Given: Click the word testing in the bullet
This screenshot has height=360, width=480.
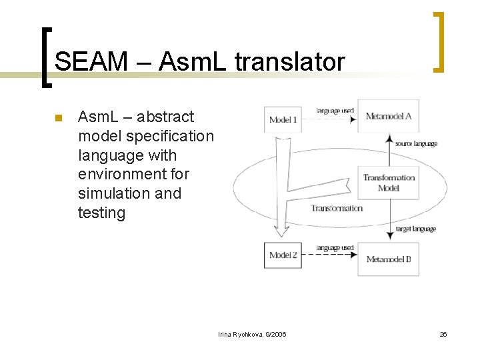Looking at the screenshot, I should click(x=101, y=213).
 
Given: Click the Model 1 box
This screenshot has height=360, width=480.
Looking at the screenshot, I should click(x=283, y=119).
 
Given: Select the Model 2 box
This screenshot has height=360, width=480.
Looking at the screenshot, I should click(x=283, y=255).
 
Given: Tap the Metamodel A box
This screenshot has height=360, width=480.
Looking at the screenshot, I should click(x=389, y=116).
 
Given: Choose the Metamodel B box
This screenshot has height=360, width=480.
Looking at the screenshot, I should click(x=389, y=259).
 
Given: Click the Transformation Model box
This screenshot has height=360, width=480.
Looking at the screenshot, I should click(x=389, y=183).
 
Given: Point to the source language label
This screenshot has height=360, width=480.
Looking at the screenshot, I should click(x=416, y=143).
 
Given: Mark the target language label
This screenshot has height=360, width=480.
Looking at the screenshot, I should click(x=416, y=229).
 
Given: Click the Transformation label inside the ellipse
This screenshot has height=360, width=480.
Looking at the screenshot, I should click(x=337, y=208).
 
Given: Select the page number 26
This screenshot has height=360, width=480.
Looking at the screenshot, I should click(x=443, y=333).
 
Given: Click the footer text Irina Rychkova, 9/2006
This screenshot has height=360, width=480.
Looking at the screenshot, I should click(x=252, y=333).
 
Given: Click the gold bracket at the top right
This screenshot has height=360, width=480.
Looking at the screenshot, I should click(x=439, y=41).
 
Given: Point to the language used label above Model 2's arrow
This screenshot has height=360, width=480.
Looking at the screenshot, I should click(x=335, y=247).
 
